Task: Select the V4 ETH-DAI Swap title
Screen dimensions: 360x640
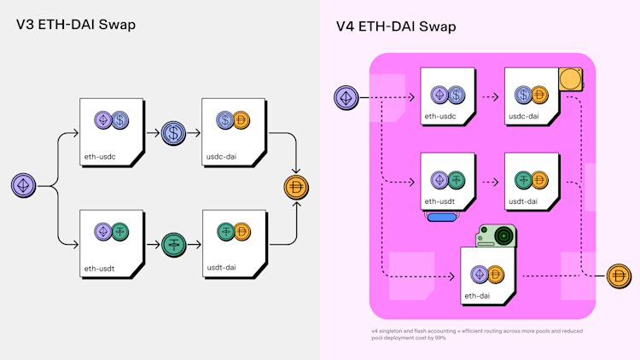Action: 396,26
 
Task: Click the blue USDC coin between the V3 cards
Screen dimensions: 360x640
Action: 173,133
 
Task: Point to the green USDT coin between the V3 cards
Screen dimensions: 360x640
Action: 173,245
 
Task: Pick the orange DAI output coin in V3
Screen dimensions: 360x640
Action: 296,187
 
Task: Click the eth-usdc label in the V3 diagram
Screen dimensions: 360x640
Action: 101,157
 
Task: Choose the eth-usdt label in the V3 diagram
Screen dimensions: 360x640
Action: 101,269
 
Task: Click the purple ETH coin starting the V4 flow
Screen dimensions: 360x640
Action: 346,97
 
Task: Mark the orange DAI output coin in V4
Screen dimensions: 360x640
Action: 619,276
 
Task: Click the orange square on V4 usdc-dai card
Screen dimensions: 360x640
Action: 570,80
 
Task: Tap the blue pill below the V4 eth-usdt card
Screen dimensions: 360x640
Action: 444,218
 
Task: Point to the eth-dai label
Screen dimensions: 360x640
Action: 477,295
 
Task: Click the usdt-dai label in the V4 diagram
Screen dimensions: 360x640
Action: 522,201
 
